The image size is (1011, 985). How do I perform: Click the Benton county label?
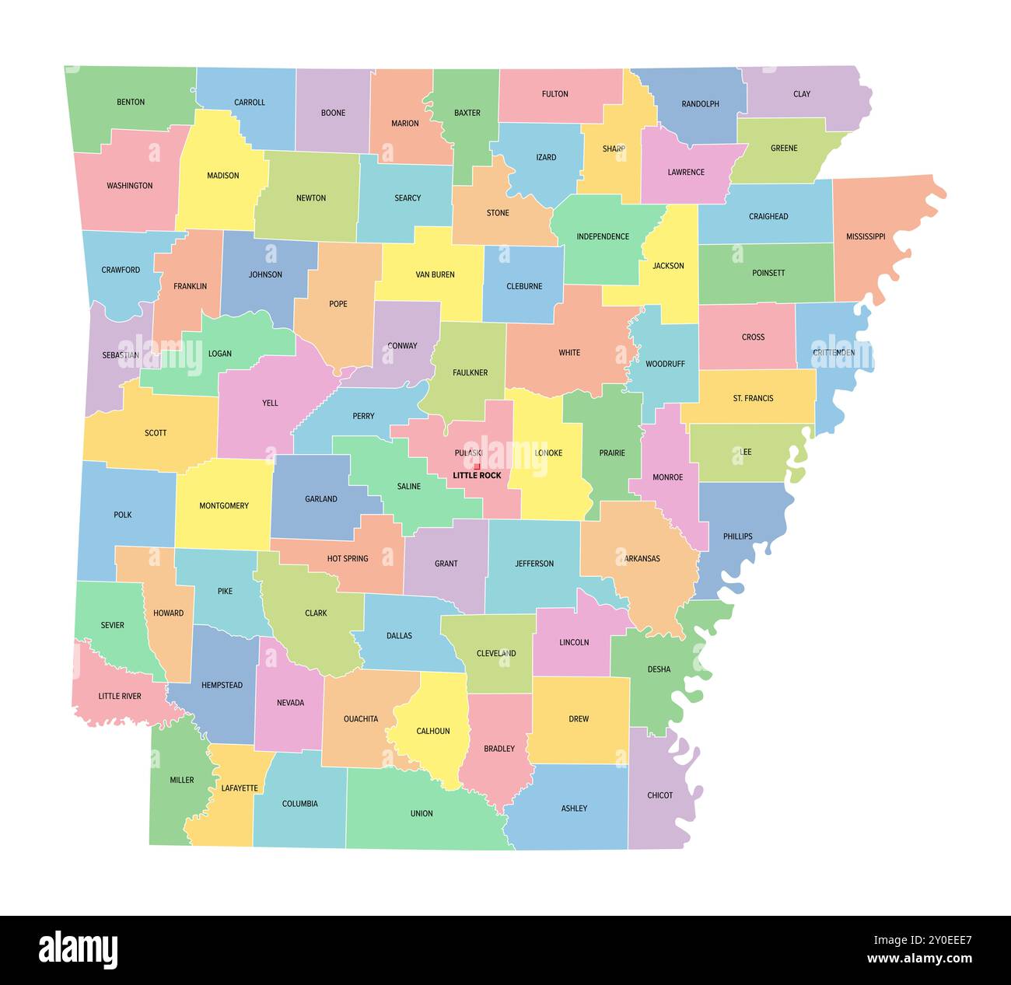point(131,102)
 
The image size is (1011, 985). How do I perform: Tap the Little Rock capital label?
point(477,475)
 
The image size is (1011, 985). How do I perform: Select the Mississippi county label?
point(866,236)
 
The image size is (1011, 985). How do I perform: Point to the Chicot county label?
point(659,795)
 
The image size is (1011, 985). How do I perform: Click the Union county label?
point(422,813)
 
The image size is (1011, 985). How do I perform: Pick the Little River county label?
point(120,696)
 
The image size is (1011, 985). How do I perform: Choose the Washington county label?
point(130,186)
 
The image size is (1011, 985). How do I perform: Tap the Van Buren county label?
point(435,274)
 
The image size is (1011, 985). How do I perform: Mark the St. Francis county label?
point(753,398)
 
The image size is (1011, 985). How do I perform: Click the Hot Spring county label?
point(348,558)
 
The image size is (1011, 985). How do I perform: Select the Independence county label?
point(603,236)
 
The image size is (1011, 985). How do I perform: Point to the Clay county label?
point(802,94)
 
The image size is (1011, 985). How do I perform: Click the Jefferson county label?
point(534,564)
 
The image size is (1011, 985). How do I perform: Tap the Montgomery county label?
point(224,505)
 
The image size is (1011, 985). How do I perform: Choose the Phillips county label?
point(737,536)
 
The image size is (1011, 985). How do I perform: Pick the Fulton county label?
point(554,94)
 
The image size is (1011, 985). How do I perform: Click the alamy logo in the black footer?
point(79,949)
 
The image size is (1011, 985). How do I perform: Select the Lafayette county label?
point(240,788)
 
